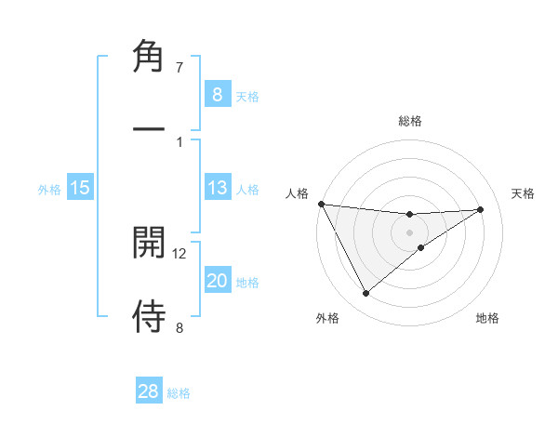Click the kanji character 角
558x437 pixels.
click(150, 58)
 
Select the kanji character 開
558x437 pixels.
click(150, 243)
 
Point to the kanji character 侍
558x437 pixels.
click(150, 316)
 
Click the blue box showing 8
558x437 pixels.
click(217, 94)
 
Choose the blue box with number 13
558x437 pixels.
click(217, 188)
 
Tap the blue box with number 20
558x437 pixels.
click(217, 281)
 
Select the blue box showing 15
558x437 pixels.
click(80, 188)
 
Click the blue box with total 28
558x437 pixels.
click(149, 391)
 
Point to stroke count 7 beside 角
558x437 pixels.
click(179, 68)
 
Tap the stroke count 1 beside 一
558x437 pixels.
click(179, 141)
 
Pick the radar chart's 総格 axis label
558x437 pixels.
click(410, 121)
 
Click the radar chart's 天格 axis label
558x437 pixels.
click(524, 193)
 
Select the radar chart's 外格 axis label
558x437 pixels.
click(327, 319)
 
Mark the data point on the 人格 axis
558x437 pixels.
click(321, 204)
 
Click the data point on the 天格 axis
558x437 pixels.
click(480, 209)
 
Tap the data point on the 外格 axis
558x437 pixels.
click(365, 294)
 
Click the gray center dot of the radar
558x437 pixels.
click(410, 232)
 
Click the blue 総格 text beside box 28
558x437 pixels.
click(179, 393)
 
